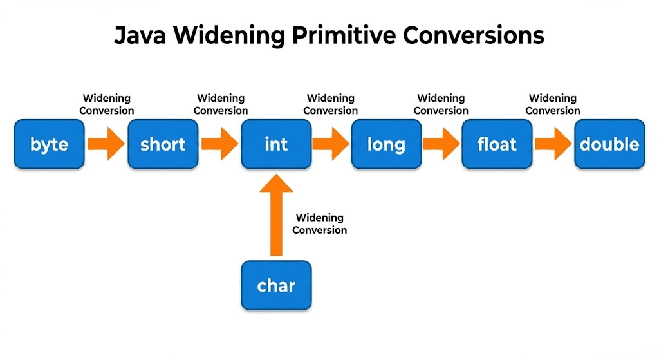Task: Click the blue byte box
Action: coord(49,144)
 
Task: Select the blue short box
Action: coord(163,144)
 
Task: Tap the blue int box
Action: coord(276,144)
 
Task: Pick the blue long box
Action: coord(386,144)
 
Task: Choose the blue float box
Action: coord(497,144)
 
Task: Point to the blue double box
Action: coord(609,144)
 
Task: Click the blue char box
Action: coord(276,285)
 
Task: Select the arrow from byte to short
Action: coord(106,144)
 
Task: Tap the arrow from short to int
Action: coord(219,144)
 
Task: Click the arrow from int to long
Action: coord(331,144)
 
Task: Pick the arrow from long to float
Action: coord(441,144)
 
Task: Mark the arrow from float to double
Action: coord(553,144)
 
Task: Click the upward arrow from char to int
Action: coord(276,215)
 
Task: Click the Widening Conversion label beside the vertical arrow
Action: coord(320,224)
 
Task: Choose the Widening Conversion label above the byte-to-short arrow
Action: coord(107,104)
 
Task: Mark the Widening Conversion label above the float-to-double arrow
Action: coord(553,104)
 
